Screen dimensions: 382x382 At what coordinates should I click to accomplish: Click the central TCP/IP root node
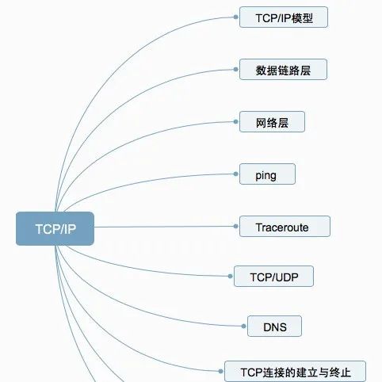point(55,228)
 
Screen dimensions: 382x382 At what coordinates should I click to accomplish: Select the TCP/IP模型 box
point(284,17)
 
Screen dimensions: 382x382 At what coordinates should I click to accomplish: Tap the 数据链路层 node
point(283,70)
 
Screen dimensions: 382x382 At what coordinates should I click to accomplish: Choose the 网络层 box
point(272,122)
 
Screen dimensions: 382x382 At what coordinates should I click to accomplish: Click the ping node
point(267,174)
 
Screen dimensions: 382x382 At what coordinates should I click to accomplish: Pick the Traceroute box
point(285,227)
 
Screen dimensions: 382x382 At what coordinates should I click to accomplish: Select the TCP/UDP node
point(273,277)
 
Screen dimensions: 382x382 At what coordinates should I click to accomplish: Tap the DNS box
point(274,327)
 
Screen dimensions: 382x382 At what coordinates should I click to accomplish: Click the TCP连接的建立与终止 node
point(295,371)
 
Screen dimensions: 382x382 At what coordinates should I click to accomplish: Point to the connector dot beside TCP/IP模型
point(235,17)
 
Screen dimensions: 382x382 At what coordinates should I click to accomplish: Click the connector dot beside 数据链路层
point(235,70)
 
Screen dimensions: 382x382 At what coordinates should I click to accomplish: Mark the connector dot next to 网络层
point(235,122)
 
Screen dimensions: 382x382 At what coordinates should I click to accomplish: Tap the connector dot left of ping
point(235,174)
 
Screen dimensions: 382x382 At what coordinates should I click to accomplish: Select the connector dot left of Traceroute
point(235,226)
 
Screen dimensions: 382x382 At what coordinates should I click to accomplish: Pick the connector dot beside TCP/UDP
point(230,277)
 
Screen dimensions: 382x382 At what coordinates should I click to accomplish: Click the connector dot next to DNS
point(243,327)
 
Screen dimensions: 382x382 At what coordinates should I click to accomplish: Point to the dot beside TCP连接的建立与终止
point(220,371)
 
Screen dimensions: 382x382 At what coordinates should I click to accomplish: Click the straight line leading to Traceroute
point(164,227)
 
